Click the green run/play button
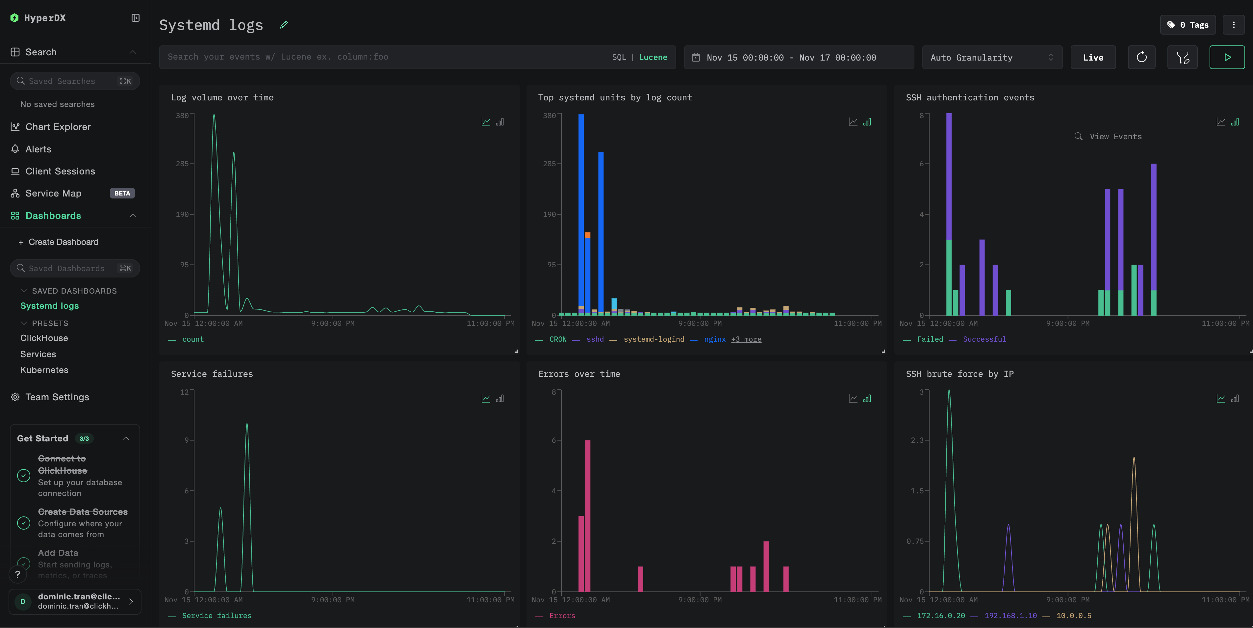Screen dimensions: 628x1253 [1226, 57]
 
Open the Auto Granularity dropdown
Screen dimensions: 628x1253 [991, 57]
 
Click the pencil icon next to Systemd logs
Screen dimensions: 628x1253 [284, 25]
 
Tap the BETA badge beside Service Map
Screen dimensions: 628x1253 [122, 193]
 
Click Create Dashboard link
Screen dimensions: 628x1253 [63, 242]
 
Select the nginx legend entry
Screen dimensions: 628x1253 [715, 339]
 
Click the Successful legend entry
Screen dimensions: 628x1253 [984, 339]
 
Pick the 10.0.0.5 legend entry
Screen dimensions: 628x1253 [1074, 615]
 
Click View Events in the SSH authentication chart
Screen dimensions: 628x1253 [1115, 137]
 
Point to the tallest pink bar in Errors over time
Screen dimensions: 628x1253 [588, 516]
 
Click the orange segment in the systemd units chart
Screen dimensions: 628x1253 [588, 235]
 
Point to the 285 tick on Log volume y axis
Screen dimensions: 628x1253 [182, 164]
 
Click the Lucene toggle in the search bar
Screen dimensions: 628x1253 [653, 57]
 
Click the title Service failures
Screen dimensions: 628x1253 [212, 374]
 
